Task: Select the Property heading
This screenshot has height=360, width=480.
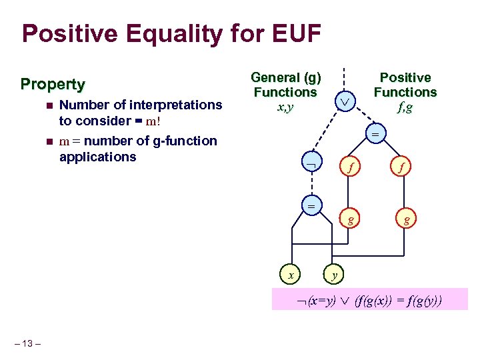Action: (53, 84)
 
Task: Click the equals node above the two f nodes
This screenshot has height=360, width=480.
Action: (374, 135)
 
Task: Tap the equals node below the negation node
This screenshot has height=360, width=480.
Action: (311, 206)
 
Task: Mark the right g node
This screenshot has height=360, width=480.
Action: (404, 219)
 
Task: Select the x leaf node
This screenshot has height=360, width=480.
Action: (289, 273)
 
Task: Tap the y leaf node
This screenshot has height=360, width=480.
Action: (334, 273)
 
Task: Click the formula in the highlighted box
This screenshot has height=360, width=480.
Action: (371, 300)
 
